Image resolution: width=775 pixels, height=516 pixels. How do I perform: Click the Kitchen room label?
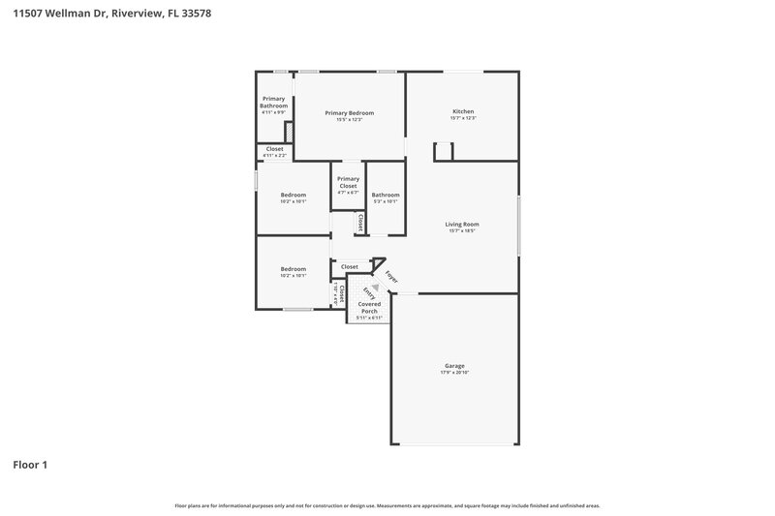[463, 111]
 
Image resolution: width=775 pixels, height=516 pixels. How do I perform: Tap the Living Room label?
[462, 224]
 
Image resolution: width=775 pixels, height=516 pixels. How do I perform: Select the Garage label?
[454, 366]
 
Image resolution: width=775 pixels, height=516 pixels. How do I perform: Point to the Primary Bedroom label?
[349, 113]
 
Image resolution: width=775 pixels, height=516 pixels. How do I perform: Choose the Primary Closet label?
[348, 182]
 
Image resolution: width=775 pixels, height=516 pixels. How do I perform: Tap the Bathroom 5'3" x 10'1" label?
[385, 197]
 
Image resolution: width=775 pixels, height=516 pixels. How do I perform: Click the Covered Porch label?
[369, 307]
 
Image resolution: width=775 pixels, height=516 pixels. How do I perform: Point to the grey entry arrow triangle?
[375, 274]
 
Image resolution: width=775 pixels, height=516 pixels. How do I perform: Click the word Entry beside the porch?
[368, 289]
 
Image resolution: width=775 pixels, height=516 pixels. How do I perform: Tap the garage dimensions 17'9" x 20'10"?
[454, 373]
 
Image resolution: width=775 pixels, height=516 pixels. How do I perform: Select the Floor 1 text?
[30, 465]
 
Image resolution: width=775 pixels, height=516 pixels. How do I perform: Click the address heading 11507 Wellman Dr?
[112, 14]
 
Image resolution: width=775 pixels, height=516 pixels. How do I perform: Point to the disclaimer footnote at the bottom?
[387, 505]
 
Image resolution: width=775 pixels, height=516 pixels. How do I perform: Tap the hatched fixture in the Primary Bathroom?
[288, 130]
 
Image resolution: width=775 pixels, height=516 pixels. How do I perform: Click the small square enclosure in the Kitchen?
[444, 150]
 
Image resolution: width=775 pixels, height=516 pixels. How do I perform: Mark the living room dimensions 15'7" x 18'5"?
[462, 230]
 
